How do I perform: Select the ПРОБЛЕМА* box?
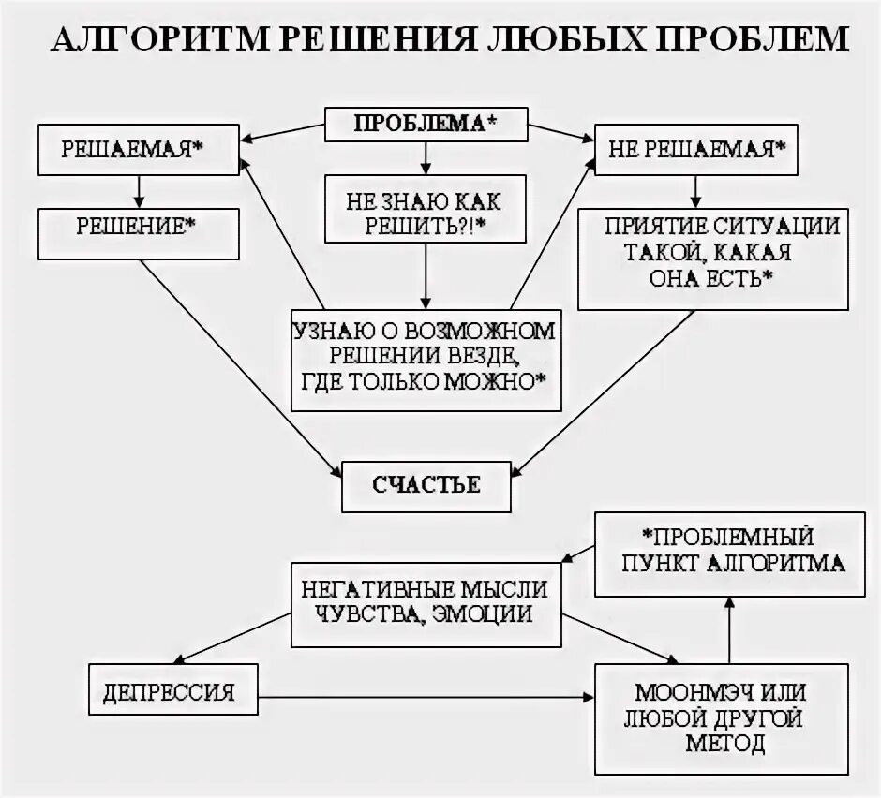click(x=426, y=124)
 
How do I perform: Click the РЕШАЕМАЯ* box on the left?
click(x=139, y=150)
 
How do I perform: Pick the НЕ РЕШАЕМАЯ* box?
click(x=697, y=151)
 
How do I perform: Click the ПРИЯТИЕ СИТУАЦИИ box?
click(x=713, y=259)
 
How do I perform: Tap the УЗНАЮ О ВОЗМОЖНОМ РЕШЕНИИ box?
click(x=426, y=360)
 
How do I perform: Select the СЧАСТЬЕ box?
click(x=426, y=485)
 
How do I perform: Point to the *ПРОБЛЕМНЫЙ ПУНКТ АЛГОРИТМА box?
click(x=730, y=553)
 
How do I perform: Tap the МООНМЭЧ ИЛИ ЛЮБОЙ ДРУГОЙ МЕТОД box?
click(x=721, y=717)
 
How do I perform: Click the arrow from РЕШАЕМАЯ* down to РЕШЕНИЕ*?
click(x=139, y=191)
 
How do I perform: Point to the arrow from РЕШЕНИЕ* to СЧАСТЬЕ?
click(x=244, y=365)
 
